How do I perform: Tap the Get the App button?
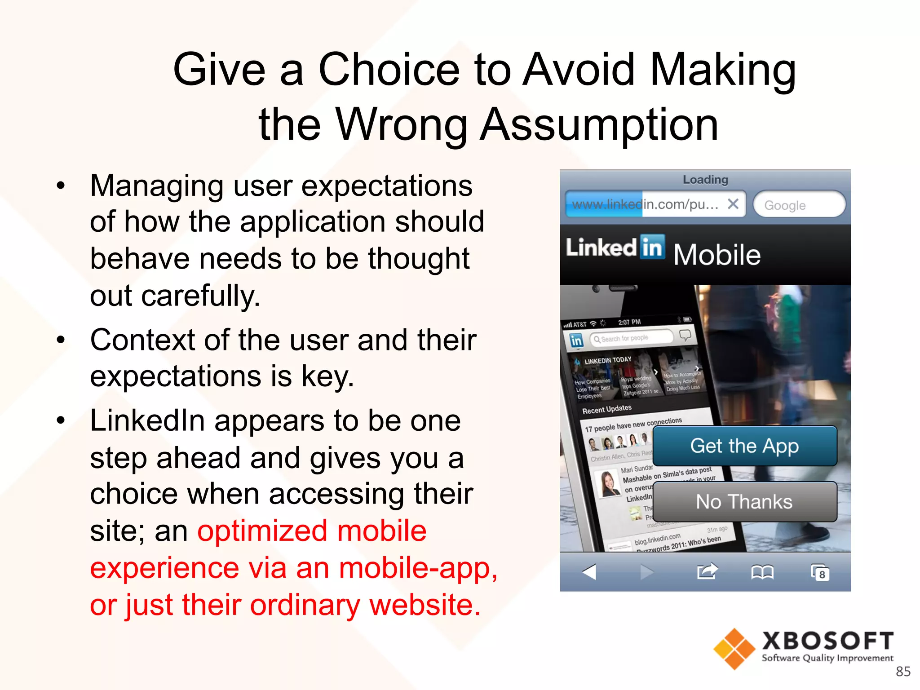[744, 446]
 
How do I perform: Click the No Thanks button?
[744, 501]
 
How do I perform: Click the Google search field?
[799, 205]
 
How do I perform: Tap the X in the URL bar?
[733, 204]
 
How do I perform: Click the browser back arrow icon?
[589, 572]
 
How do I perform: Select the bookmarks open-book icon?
[762, 572]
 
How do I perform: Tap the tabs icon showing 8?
[820, 572]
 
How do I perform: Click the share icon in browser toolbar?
[707, 571]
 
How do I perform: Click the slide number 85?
[903, 671]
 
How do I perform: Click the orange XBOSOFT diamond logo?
[734, 649]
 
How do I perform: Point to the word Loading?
[705, 180]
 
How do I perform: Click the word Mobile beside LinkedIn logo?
[717, 255]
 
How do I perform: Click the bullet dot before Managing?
[61, 186]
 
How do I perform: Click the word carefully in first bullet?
[200, 296]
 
